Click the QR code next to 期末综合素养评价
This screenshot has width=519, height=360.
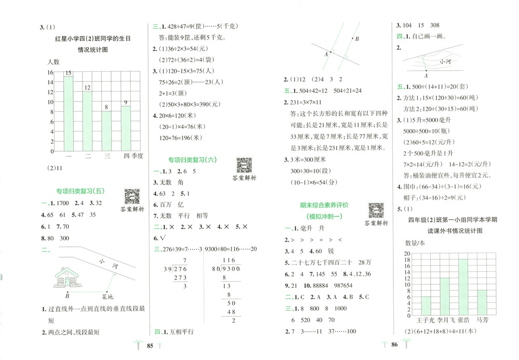376,210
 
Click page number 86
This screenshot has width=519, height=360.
394,344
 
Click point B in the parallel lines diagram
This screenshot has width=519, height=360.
357,39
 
